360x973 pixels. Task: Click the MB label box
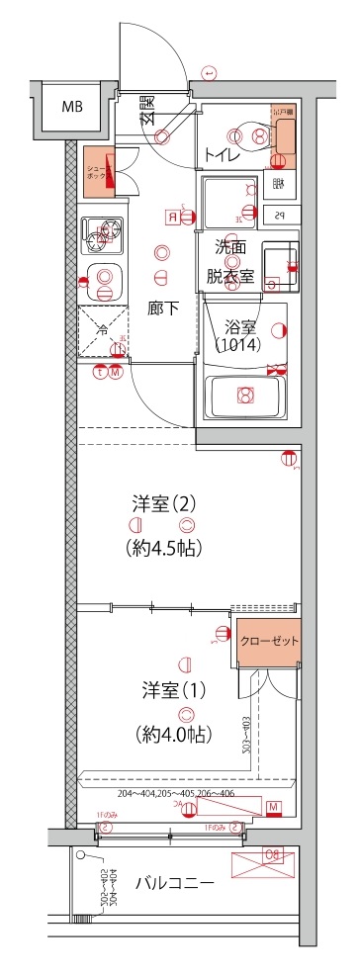coord(71,108)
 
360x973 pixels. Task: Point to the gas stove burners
coord(103,234)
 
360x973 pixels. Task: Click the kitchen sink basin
coord(103,281)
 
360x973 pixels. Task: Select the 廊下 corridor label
coord(164,308)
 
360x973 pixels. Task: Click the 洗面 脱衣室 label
coord(230,264)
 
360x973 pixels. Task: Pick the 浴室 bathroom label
coord(240,325)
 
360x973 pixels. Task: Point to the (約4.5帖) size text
coord(164,547)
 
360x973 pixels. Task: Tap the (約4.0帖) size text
coord(164,734)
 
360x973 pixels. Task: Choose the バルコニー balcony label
coord(174,882)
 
